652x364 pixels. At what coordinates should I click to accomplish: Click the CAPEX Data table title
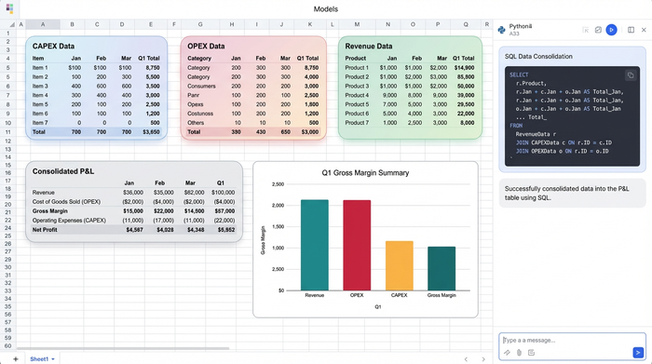click(53, 46)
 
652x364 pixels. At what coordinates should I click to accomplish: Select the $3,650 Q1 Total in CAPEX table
click(149, 132)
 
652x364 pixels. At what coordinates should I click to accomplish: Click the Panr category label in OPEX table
click(194, 95)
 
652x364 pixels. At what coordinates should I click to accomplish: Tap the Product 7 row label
click(356, 123)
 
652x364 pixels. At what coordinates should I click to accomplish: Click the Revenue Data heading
click(368, 46)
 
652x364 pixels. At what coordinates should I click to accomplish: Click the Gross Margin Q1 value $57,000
click(224, 211)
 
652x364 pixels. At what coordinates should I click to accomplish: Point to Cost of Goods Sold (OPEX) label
click(66, 202)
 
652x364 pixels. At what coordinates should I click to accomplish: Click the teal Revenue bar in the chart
click(314, 245)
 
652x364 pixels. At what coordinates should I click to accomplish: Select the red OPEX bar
click(357, 245)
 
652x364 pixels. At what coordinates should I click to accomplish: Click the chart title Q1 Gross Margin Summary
click(365, 173)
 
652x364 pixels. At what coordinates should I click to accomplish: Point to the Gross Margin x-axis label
click(441, 295)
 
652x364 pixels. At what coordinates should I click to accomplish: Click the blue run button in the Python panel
click(612, 30)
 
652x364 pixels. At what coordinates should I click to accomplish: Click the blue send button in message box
click(638, 352)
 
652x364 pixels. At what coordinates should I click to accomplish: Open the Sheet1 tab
click(39, 358)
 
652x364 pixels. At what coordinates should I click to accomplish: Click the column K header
click(311, 24)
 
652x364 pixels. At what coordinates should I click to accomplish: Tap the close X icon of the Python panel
click(644, 30)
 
